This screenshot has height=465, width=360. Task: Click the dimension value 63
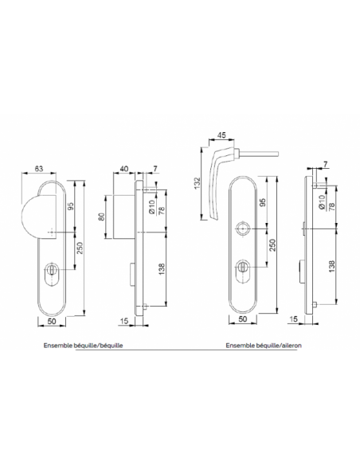tap(39, 169)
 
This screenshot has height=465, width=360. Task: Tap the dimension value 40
tap(124, 169)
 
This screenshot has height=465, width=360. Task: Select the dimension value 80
tap(102, 217)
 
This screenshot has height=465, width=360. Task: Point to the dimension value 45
tap(221, 135)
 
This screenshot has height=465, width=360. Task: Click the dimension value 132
tap(198, 183)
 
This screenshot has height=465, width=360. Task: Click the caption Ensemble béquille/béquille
tap(84, 346)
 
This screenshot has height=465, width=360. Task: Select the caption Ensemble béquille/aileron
tap(264, 346)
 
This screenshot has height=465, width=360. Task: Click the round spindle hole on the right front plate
tap(243, 229)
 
